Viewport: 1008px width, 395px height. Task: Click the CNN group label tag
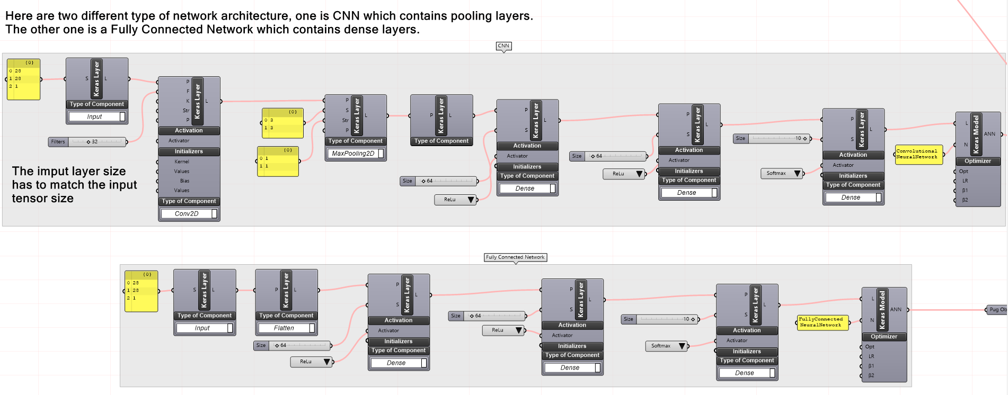point(503,46)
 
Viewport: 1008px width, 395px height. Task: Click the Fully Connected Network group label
point(515,257)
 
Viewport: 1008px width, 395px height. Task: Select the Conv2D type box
point(187,214)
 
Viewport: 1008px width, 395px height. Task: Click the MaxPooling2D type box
point(353,154)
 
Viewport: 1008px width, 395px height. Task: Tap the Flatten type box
point(284,328)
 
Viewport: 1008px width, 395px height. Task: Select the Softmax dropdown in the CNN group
point(782,173)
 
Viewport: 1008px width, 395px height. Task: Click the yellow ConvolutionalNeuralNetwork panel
point(918,154)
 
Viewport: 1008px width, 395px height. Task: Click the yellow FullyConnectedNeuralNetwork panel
point(822,322)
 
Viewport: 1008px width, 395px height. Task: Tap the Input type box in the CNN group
point(94,117)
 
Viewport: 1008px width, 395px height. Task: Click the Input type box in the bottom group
point(202,328)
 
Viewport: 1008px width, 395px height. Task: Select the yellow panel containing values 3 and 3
point(282,124)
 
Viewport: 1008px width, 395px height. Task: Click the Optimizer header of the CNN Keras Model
point(977,161)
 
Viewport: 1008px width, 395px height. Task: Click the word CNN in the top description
point(346,16)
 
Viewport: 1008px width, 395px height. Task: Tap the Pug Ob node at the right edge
point(997,310)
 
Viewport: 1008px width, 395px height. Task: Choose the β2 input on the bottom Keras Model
point(871,375)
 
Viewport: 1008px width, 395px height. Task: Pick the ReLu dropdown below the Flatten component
point(311,362)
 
